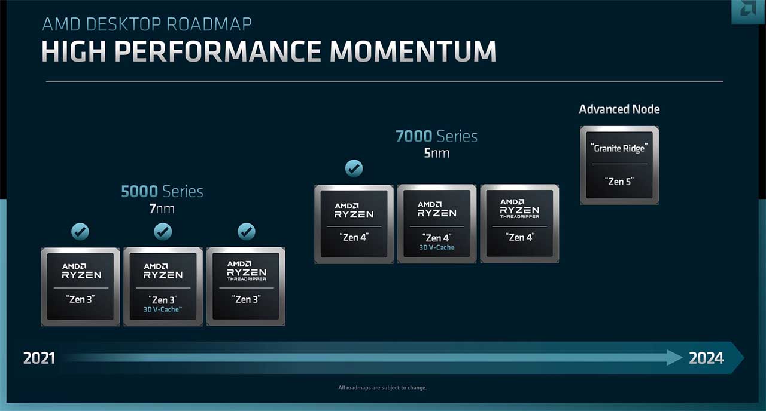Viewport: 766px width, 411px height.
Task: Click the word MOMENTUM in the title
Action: [413, 51]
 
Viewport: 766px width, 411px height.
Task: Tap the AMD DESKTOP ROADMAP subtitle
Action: [147, 24]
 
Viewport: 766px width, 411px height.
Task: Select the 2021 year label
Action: [39, 358]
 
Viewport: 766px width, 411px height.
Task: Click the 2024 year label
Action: [706, 358]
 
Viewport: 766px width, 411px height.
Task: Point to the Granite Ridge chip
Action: [619, 165]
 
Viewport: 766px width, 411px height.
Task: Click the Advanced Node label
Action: [619, 109]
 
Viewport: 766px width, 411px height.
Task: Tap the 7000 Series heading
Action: [436, 136]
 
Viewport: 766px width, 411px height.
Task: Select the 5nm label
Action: [437, 153]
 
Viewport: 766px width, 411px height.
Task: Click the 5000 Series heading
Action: [162, 191]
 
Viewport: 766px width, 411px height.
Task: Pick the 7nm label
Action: [162, 208]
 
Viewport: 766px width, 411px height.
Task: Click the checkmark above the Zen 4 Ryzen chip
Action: [354, 168]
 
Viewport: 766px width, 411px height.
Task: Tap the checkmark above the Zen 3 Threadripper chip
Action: [246, 232]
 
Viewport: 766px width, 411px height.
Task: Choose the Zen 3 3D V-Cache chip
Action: [163, 287]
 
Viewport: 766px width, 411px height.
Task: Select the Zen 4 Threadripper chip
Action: [520, 224]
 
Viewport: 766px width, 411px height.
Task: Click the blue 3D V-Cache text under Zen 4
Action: [437, 247]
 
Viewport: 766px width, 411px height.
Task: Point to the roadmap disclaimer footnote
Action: [382, 388]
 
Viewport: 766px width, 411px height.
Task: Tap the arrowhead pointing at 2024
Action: [674, 358]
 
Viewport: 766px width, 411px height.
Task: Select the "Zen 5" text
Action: [619, 182]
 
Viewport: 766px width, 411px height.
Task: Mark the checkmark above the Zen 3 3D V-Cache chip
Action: [163, 232]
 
